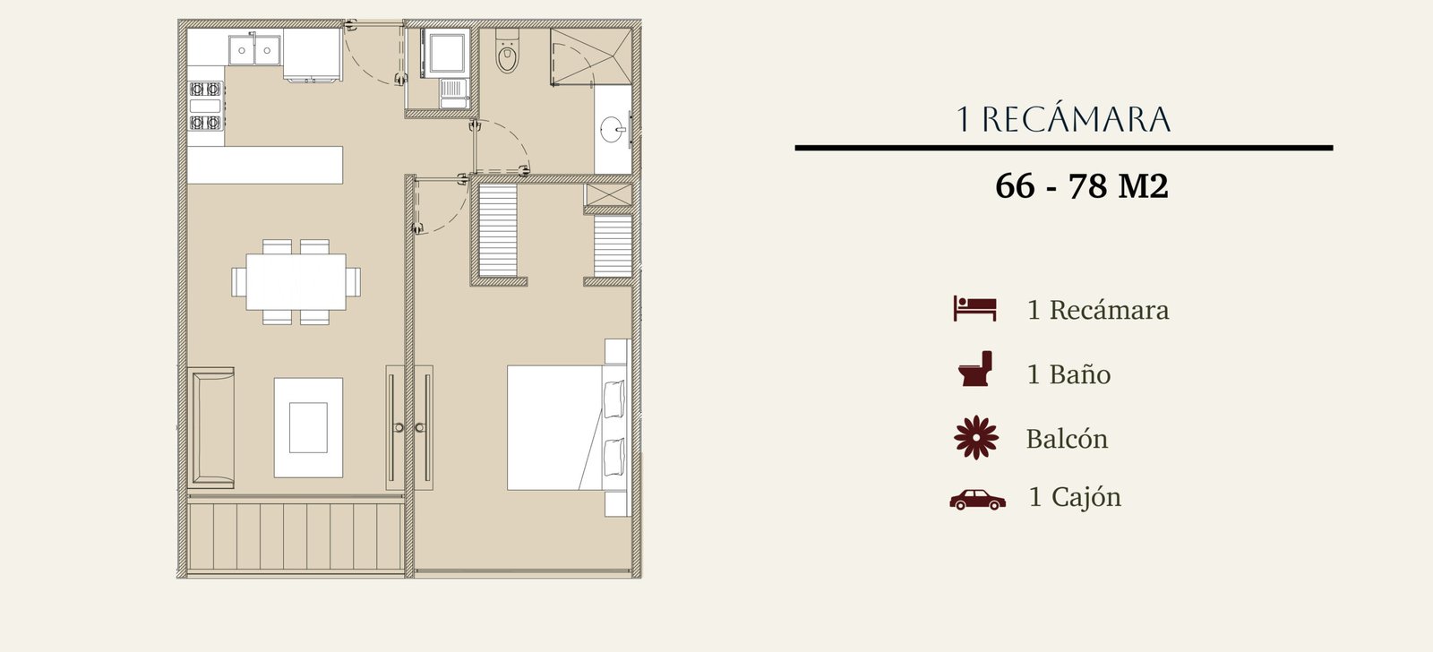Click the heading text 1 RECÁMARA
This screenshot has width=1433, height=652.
tap(1063, 120)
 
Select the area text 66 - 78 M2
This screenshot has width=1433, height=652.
tap(1082, 186)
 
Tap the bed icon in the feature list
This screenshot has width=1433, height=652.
tap(975, 308)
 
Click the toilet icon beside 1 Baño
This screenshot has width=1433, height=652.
tap(975, 369)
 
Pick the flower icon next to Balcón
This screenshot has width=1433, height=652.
tap(976, 438)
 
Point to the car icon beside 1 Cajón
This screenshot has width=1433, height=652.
tap(977, 500)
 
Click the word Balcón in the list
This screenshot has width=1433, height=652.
tap(1067, 439)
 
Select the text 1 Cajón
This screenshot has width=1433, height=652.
tap(1075, 497)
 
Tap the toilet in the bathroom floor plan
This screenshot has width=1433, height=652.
tap(507, 51)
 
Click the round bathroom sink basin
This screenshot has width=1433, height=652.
tap(613, 130)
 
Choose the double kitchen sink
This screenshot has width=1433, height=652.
tap(254, 49)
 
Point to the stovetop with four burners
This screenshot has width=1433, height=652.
tap(205, 106)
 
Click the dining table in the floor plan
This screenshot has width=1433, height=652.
tap(296, 281)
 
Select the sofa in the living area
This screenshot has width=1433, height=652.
tap(211, 427)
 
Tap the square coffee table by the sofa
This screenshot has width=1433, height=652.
tap(308, 427)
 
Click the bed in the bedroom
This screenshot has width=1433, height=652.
tap(568, 427)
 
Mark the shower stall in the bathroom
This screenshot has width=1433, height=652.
tap(591, 56)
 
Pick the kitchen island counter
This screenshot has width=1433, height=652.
tap(265, 165)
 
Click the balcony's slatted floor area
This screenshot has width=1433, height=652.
tap(296, 536)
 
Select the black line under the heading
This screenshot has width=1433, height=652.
tap(1064, 148)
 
